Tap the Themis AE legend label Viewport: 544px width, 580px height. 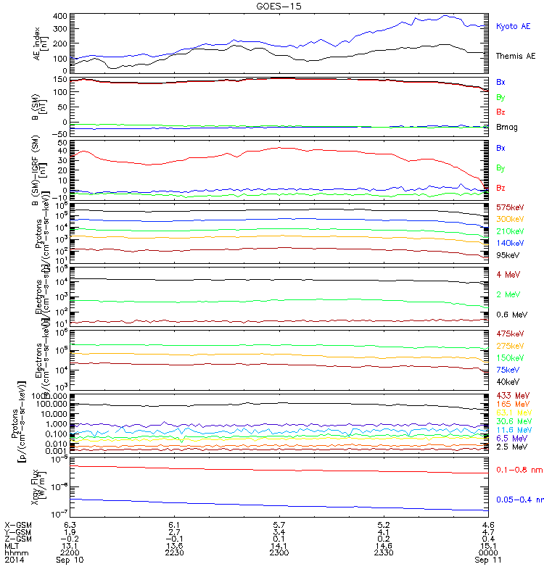[516, 56]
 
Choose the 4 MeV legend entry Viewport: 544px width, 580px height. [508, 274]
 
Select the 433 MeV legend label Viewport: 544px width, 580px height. [511, 395]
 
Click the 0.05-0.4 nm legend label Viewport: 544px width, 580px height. [519, 500]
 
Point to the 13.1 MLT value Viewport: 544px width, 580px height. [70, 545]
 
